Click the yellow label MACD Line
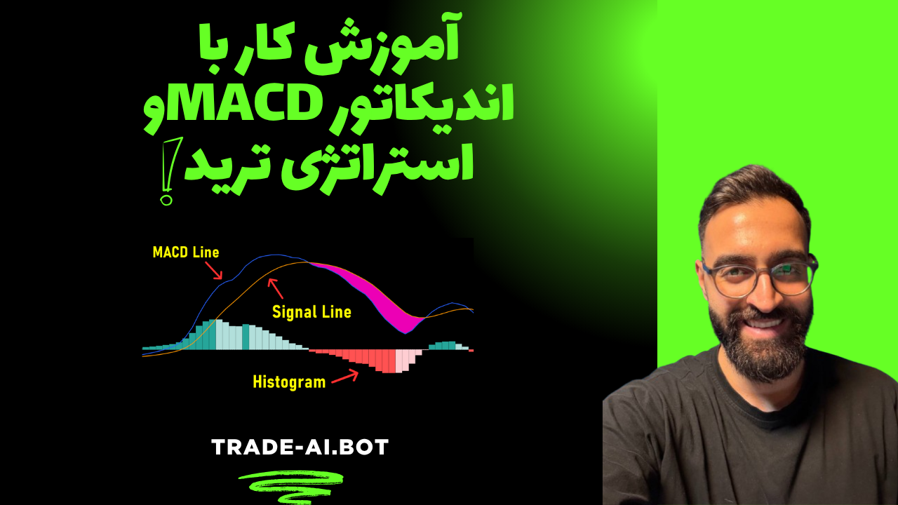click(x=186, y=252)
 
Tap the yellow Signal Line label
click(x=312, y=312)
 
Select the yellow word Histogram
click(x=289, y=382)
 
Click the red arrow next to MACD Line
click(x=214, y=271)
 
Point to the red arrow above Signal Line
click(x=276, y=288)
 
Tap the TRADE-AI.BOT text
click(x=300, y=447)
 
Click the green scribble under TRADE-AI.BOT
click(x=291, y=487)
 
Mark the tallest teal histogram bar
click(x=212, y=335)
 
